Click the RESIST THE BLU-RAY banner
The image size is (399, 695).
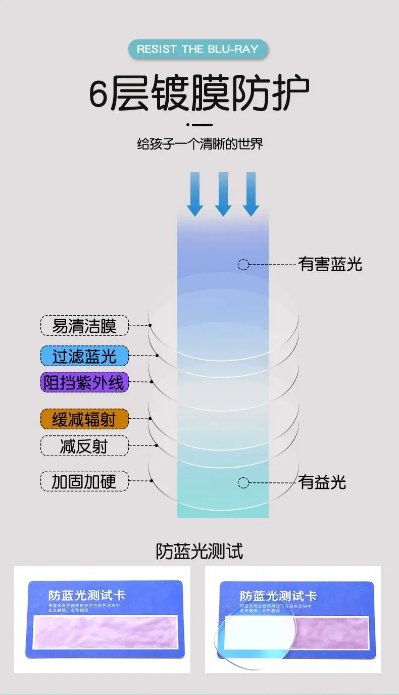[197, 49]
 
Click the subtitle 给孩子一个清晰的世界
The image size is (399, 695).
[200, 144]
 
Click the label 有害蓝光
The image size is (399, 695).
[330, 264]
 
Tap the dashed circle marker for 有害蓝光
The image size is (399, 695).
[243, 264]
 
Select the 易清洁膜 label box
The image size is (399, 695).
[84, 326]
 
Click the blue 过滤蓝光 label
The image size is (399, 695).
[84, 356]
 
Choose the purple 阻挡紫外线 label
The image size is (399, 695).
[84, 382]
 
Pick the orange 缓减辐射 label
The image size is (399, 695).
[84, 419]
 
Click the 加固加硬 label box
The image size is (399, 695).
[84, 482]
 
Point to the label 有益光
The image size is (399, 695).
[322, 482]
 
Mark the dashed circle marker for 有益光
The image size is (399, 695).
[243, 482]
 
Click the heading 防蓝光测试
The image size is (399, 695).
[199, 551]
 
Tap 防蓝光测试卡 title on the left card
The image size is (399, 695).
[86, 595]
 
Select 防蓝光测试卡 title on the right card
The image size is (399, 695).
[278, 596]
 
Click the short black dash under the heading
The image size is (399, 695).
[200, 125]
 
